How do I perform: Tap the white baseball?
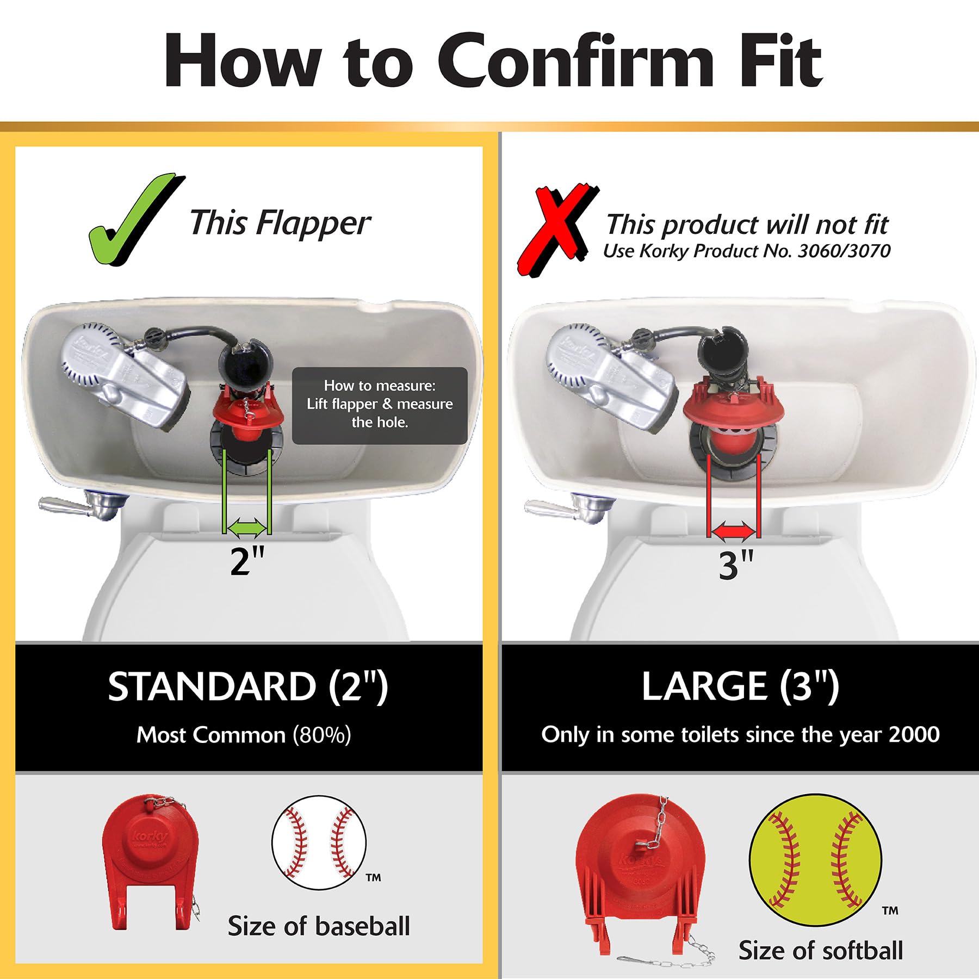(x=319, y=842)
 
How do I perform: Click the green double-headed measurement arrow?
(x=247, y=527)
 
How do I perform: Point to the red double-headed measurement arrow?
(x=734, y=531)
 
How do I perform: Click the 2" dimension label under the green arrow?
(x=247, y=561)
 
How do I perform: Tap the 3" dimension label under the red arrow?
(x=736, y=565)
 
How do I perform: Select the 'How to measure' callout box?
(x=380, y=405)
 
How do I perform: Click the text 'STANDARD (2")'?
(x=248, y=687)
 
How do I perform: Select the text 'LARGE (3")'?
(x=740, y=686)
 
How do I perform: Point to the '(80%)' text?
(x=322, y=735)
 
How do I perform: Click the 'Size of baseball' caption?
(x=319, y=926)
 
